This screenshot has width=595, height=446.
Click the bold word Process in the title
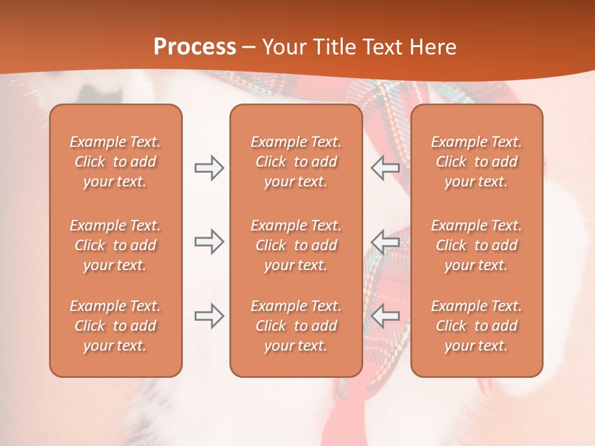(195, 47)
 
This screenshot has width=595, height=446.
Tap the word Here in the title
(434, 47)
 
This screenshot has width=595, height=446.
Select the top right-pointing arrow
(209, 167)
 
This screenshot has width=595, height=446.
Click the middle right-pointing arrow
(209, 242)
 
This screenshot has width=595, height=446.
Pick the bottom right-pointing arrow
(209, 316)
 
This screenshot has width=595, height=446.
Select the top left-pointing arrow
(386, 167)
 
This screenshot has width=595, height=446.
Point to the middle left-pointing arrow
(386, 242)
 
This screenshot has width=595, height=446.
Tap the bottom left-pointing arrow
(386, 316)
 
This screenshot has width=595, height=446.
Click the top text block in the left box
(115, 162)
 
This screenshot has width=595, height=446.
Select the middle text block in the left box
(115, 245)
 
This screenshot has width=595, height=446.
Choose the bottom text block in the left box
(115, 326)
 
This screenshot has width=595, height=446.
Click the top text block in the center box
(296, 162)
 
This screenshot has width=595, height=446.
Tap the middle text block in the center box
(296, 245)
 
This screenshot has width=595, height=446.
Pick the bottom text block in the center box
(296, 326)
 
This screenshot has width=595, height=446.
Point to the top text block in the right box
(476, 162)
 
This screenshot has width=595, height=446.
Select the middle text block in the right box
(476, 245)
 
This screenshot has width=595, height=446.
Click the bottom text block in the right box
(476, 326)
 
